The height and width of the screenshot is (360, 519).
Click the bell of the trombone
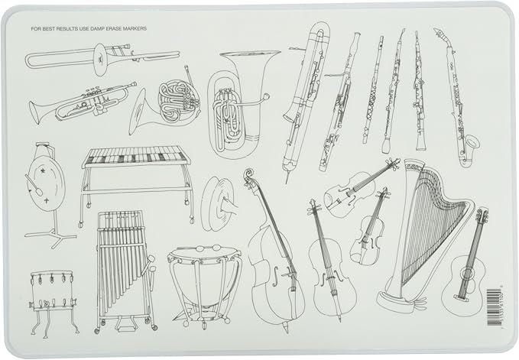(37, 59)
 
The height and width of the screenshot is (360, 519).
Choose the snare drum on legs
(54, 290)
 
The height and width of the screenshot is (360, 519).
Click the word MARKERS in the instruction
(132, 29)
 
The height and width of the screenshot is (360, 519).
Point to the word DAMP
(96, 29)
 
